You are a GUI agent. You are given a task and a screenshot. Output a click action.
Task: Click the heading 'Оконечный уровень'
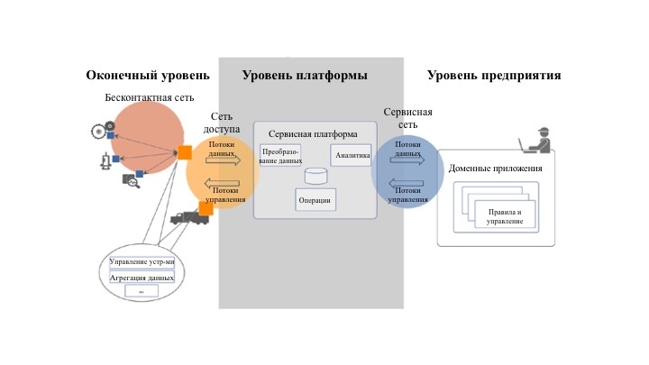pos(148,76)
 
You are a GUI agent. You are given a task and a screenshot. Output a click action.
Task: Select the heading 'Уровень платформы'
pos(304,76)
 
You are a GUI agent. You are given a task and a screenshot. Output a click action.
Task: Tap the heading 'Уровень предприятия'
pos(494,76)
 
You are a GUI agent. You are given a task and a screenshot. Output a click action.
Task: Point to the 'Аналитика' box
pos(352,155)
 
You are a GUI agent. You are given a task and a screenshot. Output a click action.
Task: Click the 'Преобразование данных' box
pos(281,155)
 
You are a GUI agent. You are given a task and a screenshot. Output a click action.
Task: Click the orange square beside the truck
pos(206,209)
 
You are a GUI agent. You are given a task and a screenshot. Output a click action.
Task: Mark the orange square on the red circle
pos(184,152)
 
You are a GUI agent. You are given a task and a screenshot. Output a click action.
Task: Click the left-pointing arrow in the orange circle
pos(222,181)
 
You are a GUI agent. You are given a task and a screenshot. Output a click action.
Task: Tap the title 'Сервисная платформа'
pos(313,133)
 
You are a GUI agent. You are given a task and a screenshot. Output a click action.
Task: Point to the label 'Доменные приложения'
pos(495,169)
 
